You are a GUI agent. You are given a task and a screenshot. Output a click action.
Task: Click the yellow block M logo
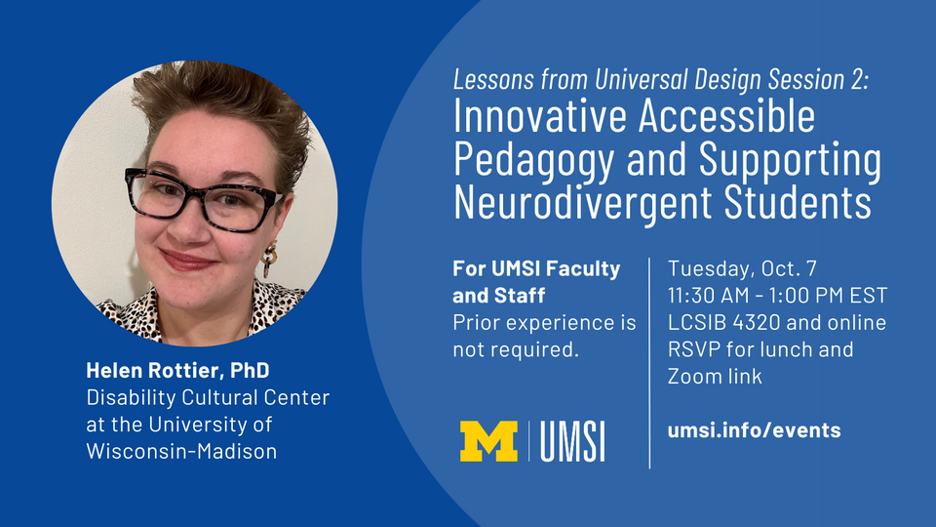[x=488, y=441]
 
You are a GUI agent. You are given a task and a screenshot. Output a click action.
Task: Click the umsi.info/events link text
[x=754, y=430]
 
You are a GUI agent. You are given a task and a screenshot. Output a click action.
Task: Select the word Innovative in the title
[x=538, y=118]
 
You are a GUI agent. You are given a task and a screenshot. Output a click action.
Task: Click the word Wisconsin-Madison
[x=181, y=451]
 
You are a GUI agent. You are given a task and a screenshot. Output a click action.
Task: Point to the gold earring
[x=270, y=260]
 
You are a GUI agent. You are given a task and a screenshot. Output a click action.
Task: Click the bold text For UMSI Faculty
[x=536, y=268]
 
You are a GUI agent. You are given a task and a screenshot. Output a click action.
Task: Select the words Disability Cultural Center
[x=208, y=398]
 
